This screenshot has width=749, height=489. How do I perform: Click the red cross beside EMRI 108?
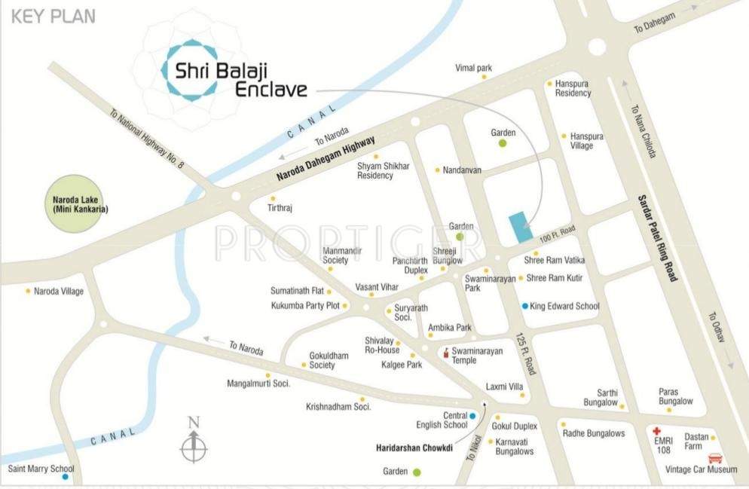point(656,432)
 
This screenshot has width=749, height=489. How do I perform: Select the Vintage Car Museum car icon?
point(716,458)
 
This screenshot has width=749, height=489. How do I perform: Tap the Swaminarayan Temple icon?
point(446,352)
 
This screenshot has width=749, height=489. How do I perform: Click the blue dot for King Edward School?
point(525,306)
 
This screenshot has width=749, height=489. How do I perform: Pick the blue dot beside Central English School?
point(472,415)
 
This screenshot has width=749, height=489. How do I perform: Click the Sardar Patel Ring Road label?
point(657,237)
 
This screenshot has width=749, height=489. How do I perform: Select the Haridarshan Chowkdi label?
point(414,448)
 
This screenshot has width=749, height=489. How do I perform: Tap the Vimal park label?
point(473,68)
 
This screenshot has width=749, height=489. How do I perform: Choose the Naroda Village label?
point(59,291)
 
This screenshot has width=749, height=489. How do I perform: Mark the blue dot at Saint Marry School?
point(66,477)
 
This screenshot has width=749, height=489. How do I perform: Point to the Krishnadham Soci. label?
point(338,407)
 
